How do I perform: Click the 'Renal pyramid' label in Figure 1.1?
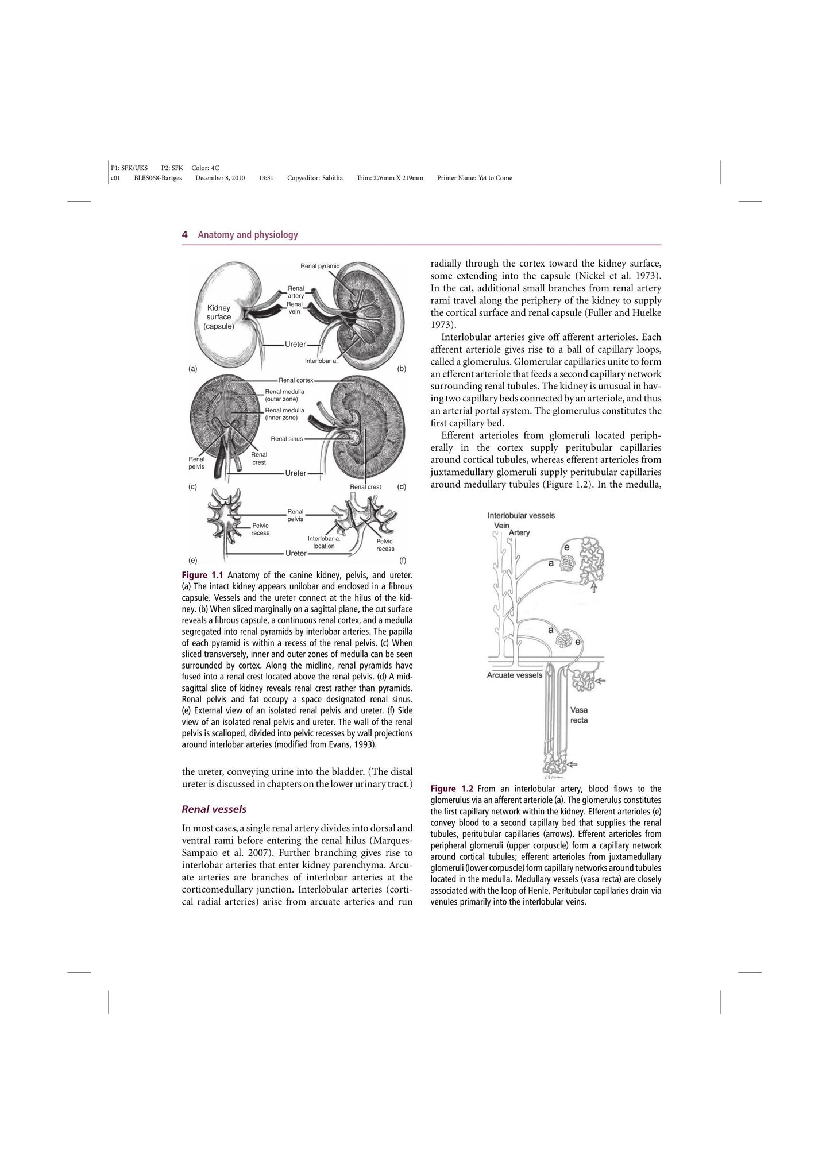click(320, 266)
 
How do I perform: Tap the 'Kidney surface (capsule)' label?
click(219, 317)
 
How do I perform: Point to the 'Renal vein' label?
click(295, 308)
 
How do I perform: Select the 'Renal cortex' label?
click(296, 380)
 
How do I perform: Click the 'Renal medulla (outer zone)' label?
click(284, 395)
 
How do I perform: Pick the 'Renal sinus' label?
click(287, 439)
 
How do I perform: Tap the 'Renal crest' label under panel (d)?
click(365, 487)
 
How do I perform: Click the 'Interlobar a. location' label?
click(324, 542)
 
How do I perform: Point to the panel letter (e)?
click(193, 560)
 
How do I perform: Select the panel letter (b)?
click(402, 369)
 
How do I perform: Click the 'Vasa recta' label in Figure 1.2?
click(579, 715)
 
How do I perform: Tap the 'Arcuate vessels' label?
click(514, 675)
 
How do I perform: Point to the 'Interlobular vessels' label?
click(521, 516)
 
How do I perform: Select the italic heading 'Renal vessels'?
click(214, 809)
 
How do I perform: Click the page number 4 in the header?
click(184, 235)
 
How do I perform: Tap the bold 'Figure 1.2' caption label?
click(451, 789)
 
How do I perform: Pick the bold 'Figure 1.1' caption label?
click(202, 575)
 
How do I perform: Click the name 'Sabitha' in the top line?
click(332, 178)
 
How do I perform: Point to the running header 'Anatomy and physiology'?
click(248, 235)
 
